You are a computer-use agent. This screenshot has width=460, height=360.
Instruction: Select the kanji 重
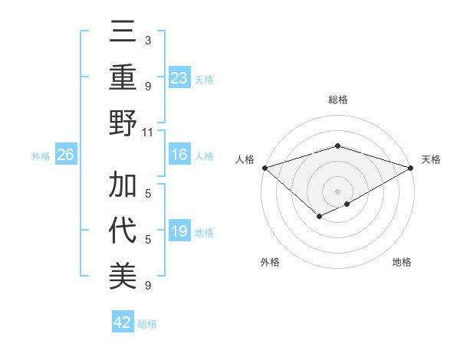tap(123, 79)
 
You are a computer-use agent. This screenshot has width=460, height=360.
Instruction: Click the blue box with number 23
tap(179, 77)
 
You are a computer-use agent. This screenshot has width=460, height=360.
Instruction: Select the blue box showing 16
tap(179, 155)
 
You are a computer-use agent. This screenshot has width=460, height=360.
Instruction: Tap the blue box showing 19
tap(179, 231)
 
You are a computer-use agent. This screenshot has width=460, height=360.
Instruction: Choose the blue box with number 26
tap(65, 155)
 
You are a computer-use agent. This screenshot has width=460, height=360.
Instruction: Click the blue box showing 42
tap(123, 322)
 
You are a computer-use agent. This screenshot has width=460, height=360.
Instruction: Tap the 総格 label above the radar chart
tap(337, 100)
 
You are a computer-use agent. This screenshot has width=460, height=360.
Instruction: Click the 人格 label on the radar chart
tap(245, 159)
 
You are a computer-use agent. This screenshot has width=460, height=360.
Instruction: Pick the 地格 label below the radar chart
tap(402, 262)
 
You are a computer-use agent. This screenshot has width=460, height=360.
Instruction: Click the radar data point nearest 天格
tap(412, 167)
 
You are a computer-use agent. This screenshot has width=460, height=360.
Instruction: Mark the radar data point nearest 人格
tap(264, 167)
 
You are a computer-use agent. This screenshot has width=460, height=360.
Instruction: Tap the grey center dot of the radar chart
tap(337, 191)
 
